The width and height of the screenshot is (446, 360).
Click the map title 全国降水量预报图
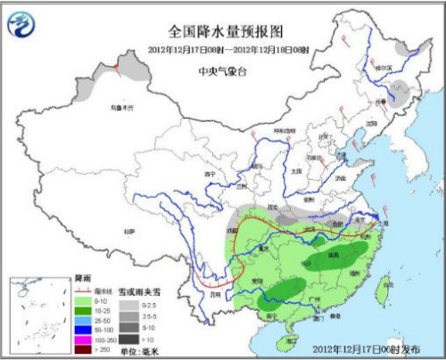point(222,29)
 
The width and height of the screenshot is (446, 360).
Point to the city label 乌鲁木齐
point(123,108)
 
